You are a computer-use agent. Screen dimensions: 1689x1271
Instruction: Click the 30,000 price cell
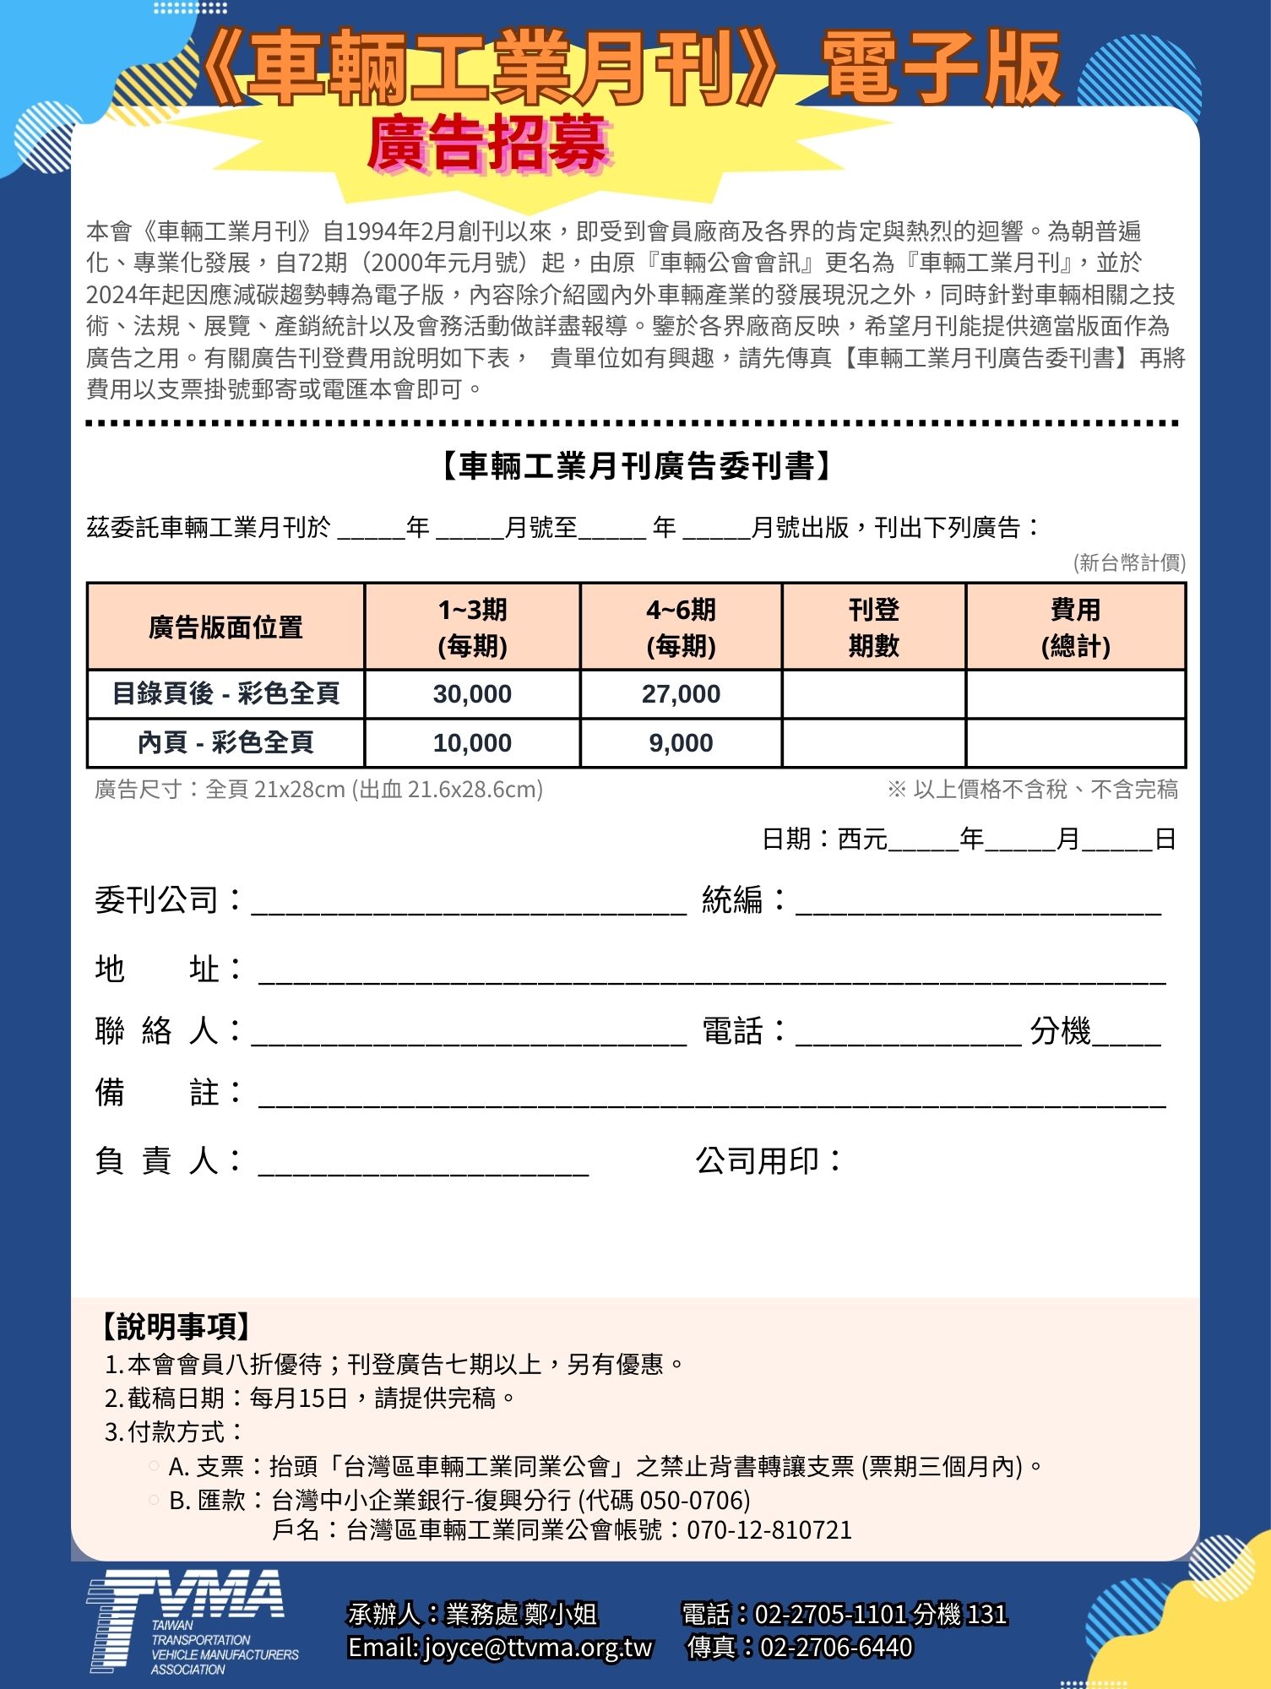[472, 694]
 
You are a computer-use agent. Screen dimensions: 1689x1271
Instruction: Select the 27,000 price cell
[681, 694]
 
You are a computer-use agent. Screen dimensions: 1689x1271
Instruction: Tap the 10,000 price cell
[472, 743]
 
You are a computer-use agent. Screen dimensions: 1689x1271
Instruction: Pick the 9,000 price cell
[681, 743]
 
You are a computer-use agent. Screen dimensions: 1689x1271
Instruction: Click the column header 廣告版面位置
[225, 627]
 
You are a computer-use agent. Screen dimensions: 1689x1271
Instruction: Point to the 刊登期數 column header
[873, 627]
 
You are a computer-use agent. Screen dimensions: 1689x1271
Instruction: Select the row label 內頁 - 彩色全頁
[225, 743]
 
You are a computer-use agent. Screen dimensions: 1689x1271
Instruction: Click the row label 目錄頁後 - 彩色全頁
[225, 694]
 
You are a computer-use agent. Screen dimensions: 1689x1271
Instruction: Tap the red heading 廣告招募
[488, 144]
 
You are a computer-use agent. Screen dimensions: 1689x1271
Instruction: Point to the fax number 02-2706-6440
[836, 1648]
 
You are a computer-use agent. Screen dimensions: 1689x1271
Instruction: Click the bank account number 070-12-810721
[769, 1530]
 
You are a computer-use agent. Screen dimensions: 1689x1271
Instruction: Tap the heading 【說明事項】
[176, 1327]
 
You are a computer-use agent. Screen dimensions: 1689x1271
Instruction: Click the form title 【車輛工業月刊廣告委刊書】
[636, 466]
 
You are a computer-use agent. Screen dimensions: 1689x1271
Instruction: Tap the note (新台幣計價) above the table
[1129, 562]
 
